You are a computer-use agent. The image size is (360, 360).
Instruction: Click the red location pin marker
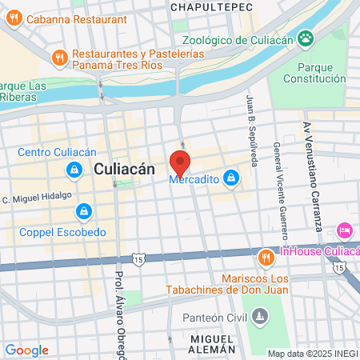(180, 162)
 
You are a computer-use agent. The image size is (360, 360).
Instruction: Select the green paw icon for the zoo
(305, 38)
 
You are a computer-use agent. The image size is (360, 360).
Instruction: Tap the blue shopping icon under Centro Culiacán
(74, 170)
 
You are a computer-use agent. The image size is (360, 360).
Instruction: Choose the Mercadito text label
(193, 180)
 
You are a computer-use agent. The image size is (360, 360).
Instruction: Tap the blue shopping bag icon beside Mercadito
(230, 177)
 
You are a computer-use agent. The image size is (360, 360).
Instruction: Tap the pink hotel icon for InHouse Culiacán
(345, 230)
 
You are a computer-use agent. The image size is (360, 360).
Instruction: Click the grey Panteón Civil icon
(258, 318)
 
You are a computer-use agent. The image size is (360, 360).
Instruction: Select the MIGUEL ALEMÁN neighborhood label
(213, 344)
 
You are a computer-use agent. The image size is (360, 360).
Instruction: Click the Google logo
(26, 350)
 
